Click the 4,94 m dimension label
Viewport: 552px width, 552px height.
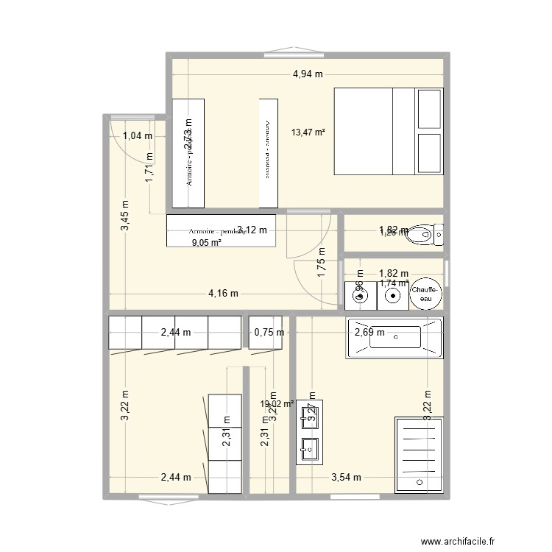[308, 74]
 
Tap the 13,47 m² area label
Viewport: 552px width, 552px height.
[308, 133]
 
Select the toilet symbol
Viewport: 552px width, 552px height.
[426, 236]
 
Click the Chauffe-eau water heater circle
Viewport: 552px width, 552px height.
[427, 294]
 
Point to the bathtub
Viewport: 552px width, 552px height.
[394, 338]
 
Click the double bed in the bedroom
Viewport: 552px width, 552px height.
[389, 131]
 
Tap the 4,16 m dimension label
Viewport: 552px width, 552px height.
[223, 294]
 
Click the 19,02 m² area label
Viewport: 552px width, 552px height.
[277, 403]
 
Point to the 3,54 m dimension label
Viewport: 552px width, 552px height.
[346, 477]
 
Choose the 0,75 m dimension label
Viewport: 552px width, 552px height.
[269, 332]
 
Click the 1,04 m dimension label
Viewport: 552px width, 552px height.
[138, 135]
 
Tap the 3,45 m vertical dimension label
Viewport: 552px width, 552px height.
[124, 216]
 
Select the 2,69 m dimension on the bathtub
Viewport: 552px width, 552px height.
[370, 332]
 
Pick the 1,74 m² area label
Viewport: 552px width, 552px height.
[394, 283]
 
